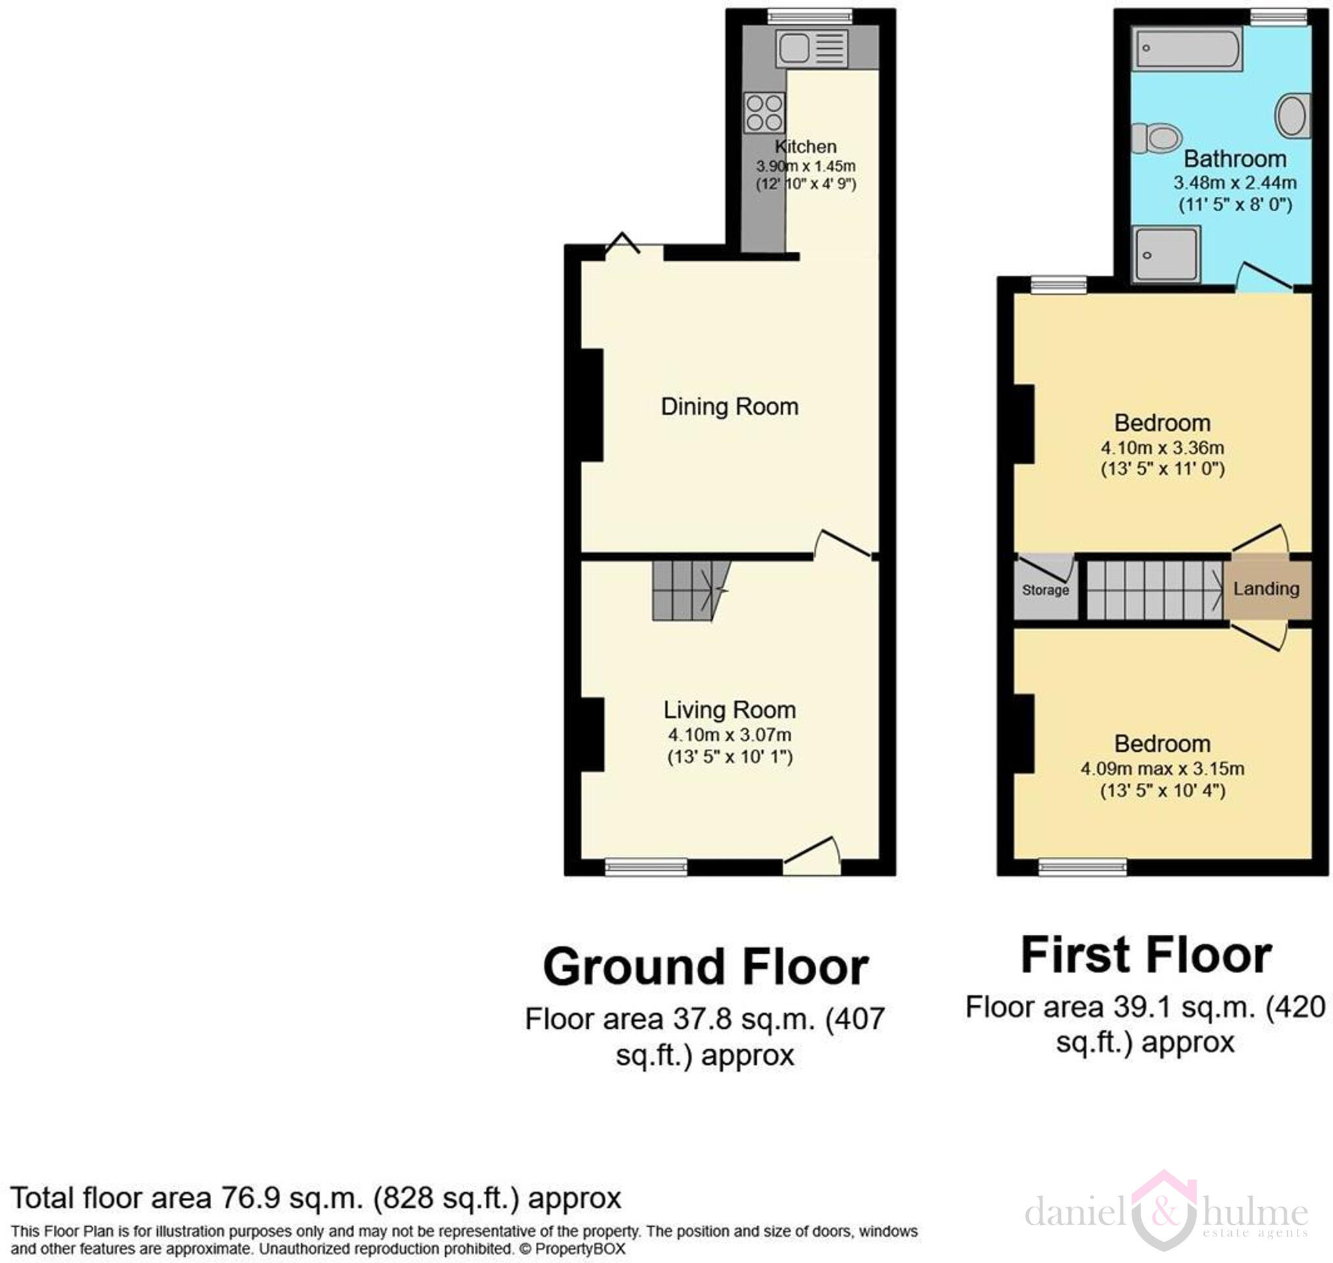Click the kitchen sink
pyautogui.click(x=811, y=49)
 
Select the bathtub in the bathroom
pyautogui.click(x=1187, y=49)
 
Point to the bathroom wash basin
pyautogui.click(x=1293, y=116)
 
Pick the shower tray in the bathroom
pyautogui.click(x=1166, y=255)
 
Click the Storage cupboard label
pyautogui.click(x=1045, y=591)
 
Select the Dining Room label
pyautogui.click(x=729, y=407)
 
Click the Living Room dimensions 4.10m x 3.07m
pyautogui.click(x=729, y=735)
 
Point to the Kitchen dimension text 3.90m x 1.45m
pyautogui.click(x=806, y=166)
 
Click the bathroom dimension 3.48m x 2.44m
pyautogui.click(x=1235, y=182)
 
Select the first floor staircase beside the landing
pyautogui.click(x=1154, y=591)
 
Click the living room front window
pyautogui.click(x=646, y=867)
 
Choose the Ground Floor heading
pyautogui.click(x=705, y=968)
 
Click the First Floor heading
pyautogui.click(x=1146, y=955)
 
